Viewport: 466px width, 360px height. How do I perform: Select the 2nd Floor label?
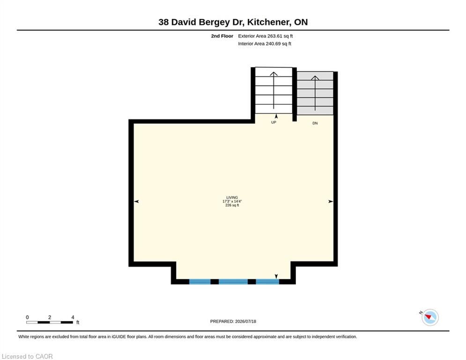click(x=222, y=36)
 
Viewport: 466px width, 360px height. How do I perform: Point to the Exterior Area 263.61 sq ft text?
click(x=266, y=36)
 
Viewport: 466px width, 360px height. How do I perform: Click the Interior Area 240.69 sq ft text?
click(x=265, y=44)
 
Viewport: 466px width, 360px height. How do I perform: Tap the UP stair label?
click(x=274, y=122)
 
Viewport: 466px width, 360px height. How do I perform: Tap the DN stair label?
click(x=315, y=123)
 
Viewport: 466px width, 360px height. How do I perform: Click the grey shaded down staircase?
click(x=315, y=93)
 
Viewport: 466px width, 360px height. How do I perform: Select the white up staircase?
click(x=274, y=90)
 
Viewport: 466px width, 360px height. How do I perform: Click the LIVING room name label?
click(x=232, y=197)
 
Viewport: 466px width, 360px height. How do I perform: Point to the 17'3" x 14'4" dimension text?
click(x=232, y=202)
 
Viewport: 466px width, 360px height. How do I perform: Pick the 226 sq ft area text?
click(x=232, y=205)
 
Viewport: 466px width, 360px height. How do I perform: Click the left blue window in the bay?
click(x=200, y=281)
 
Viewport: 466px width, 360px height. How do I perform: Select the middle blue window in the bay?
click(x=233, y=281)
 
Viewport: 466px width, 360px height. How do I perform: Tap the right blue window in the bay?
click(x=267, y=281)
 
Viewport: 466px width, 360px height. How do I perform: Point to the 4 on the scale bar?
click(x=73, y=317)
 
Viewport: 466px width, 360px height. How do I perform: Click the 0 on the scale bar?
click(x=27, y=317)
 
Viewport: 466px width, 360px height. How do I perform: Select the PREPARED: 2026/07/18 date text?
click(x=233, y=321)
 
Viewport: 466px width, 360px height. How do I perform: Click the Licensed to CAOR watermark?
click(x=27, y=356)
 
